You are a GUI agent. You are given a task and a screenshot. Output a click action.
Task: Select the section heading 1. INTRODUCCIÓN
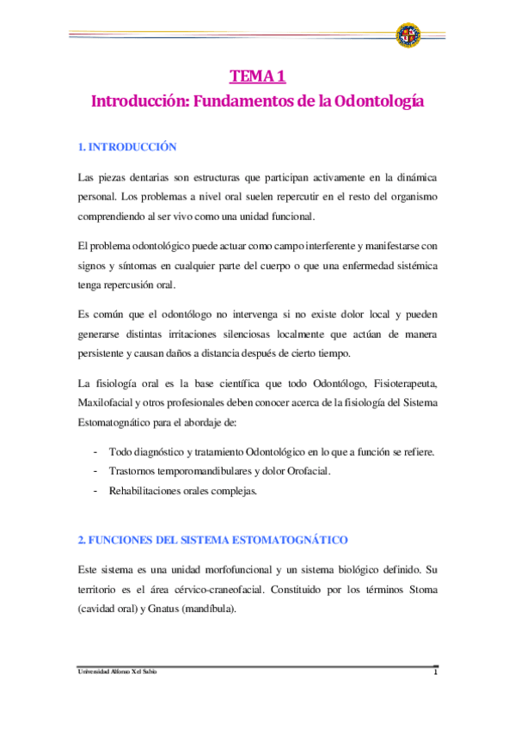[127, 147]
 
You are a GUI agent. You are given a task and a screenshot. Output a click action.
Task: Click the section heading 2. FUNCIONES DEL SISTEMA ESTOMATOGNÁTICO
[212, 540]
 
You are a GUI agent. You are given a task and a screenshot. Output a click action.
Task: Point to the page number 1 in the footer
[436, 672]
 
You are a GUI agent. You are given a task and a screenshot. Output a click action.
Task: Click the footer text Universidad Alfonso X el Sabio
[118, 672]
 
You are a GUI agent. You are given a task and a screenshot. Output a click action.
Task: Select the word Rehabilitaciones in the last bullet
[148, 491]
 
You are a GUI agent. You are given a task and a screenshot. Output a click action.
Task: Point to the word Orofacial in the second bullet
[306, 471]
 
